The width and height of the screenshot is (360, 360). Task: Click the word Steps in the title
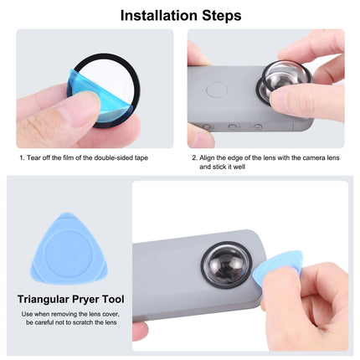[x=219, y=15]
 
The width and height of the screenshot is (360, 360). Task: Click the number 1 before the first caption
[x=22, y=157]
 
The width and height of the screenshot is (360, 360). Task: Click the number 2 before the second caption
[x=193, y=157]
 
